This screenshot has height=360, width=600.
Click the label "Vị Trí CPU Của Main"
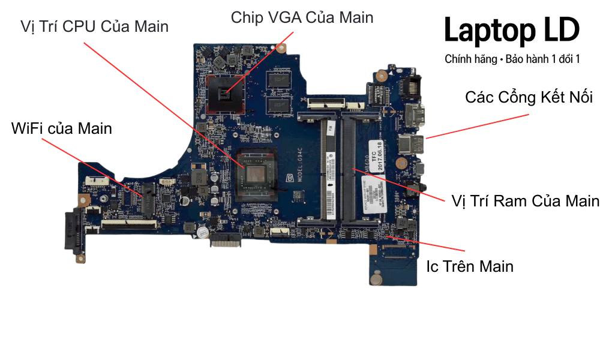[x=94, y=27]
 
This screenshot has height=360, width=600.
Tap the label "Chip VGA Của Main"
[x=302, y=17]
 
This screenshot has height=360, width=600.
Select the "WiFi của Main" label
[x=61, y=128]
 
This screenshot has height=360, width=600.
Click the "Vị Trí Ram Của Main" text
[x=525, y=200]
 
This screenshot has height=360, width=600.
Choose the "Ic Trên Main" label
[x=470, y=266]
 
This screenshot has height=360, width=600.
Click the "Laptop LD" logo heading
[x=512, y=30]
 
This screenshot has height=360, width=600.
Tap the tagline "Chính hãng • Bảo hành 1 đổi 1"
[x=512, y=59]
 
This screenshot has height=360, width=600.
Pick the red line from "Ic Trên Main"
[x=426, y=242]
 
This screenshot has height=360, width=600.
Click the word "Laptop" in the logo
[x=483, y=30]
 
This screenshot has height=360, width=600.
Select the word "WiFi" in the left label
[x=28, y=128]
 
